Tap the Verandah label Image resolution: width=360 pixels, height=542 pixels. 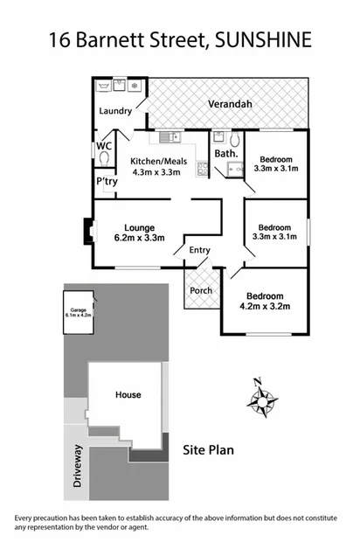pos(230,104)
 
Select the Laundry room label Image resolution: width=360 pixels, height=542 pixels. pos(114,111)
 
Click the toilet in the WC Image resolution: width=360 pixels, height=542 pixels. pos(104,160)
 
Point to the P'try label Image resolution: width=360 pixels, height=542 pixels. pos(107,181)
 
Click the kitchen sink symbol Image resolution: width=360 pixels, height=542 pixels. pos(169,136)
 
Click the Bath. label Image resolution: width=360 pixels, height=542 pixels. pos(226,154)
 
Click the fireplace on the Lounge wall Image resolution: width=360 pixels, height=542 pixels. pos(87,229)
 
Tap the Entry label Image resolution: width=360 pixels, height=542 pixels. pos(200,251)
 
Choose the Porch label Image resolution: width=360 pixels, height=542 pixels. pos(200,291)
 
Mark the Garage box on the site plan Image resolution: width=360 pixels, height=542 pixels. pos(79,311)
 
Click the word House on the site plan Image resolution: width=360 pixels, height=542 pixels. pos(128,394)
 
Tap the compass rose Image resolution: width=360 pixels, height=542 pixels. pos(263,400)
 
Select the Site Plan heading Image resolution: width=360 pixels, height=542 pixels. pos(208,451)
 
